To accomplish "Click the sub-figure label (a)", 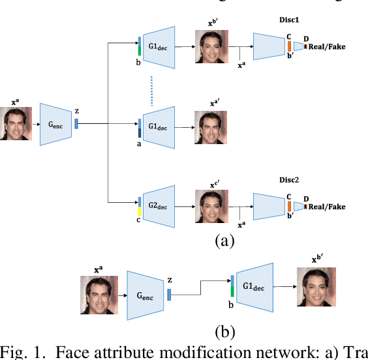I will click(x=224, y=241).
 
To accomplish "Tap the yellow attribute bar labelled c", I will click(x=139, y=213).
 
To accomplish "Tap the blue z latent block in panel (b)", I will click(x=169, y=295).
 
